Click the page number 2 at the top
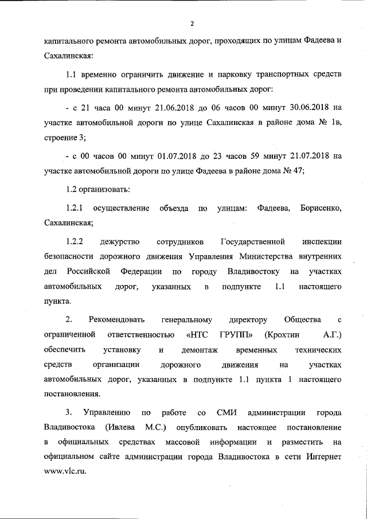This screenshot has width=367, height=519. click(192, 24)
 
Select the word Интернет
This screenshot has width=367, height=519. click(323, 458)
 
